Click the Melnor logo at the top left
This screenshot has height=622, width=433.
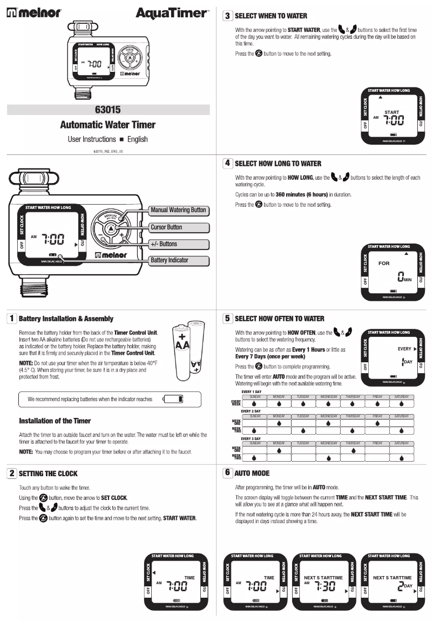pyautogui.click(x=33, y=12)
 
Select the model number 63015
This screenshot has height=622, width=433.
pyautogui.click(x=108, y=110)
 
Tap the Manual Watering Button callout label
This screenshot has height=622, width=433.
pyautogui.click(x=178, y=210)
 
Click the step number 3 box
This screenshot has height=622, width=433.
pyautogui.click(x=228, y=16)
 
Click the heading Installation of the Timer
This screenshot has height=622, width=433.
pyautogui.click(x=55, y=421)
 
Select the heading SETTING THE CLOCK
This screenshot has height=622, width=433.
pyautogui.click(x=48, y=474)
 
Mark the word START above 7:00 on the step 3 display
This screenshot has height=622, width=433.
pyautogui.click(x=392, y=112)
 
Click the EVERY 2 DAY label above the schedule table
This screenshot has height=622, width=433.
pyautogui.click(x=251, y=411)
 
